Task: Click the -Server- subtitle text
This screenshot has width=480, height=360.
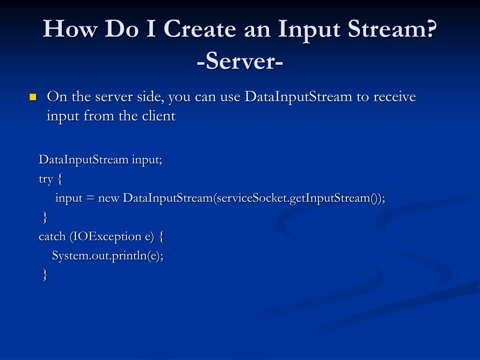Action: (x=240, y=61)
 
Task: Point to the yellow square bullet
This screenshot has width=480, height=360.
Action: (x=33, y=97)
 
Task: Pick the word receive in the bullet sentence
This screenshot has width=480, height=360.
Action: (x=395, y=97)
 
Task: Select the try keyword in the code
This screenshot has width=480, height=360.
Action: (x=46, y=179)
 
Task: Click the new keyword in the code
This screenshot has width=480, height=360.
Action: (x=109, y=198)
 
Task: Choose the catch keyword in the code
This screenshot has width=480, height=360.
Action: (x=52, y=236)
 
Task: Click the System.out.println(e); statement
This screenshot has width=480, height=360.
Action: (x=108, y=255)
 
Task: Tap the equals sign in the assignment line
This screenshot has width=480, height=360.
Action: (x=90, y=198)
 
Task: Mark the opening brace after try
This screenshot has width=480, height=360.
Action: (x=61, y=179)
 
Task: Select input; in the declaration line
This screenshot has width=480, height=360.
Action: (x=147, y=160)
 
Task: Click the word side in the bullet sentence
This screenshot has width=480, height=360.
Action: (x=150, y=97)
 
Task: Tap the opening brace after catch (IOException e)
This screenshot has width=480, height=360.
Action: (x=161, y=236)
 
